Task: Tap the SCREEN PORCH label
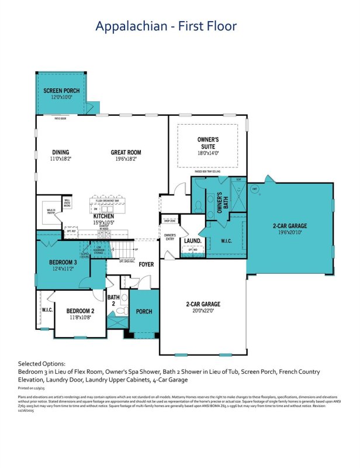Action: point(60,91)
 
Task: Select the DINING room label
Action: point(60,152)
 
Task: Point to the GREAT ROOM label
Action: point(126,152)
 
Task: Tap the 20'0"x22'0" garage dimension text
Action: point(203,312)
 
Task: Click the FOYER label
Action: point(146,264)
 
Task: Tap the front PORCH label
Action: point(144,311)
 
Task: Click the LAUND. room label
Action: point(192,240)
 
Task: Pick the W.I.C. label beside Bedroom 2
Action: point(47,310)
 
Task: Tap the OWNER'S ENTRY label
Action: point(169,237)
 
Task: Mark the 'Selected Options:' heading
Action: point(46,363)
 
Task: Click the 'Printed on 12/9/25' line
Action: point(37,387)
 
